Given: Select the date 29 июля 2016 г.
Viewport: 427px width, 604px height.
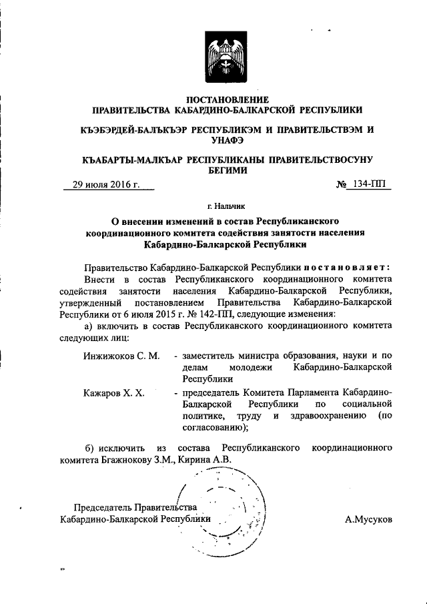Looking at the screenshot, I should click(105, 185).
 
